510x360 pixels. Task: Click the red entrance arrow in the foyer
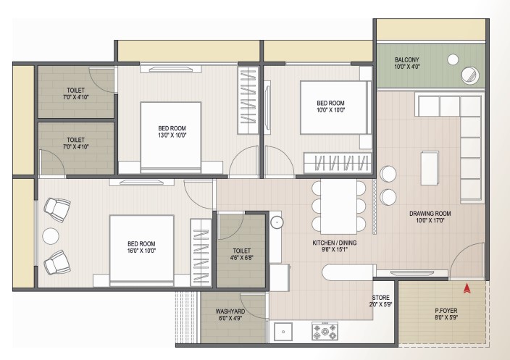point(467,288)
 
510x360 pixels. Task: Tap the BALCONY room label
point(407,60)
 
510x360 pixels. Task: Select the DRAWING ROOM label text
point(430,214)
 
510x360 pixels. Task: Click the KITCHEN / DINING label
point(335,243)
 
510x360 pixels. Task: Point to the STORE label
point(381,298)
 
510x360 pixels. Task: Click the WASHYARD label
point(230,311)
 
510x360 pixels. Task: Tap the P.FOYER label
point(446,311)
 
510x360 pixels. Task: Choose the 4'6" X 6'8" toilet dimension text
point(241,258)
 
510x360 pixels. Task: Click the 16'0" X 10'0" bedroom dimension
point(141,251)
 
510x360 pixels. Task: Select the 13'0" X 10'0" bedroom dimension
point(172,135)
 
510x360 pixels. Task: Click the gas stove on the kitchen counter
point(325,331)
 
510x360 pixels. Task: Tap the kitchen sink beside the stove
point(283,332)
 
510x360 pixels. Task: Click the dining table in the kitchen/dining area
point(338,206)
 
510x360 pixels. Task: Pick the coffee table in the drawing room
point(430,168)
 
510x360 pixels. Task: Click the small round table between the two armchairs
point(51,236)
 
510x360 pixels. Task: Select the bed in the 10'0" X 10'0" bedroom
point(335,108)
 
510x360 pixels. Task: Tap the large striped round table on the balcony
point(470,75)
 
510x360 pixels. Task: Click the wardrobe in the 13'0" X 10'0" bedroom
point(248,100)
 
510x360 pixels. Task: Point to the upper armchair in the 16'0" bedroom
point(57,209)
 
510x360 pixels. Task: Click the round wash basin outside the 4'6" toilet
point(277,222)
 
